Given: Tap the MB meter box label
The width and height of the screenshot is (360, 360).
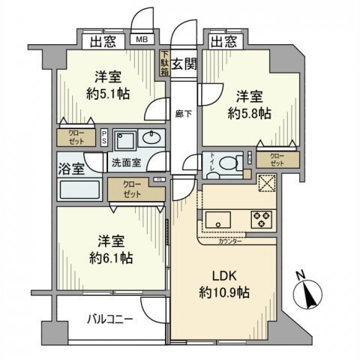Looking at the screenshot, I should (x=140, y=41).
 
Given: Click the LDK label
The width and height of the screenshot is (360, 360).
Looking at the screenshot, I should (x=217, y=273).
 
